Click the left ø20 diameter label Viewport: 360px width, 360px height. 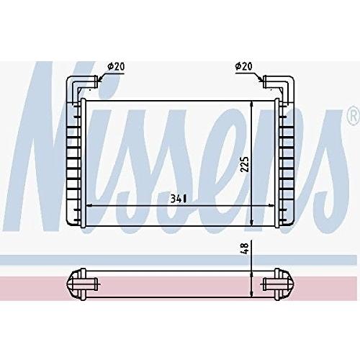pos(116,66)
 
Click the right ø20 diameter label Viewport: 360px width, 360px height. pos(244,66)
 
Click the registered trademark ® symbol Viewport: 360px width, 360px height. pos(353,116)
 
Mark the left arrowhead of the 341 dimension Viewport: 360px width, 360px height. pos(88,206)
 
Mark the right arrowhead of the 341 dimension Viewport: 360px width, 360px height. pos(273,206)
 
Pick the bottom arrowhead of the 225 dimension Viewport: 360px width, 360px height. pos(251,223)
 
